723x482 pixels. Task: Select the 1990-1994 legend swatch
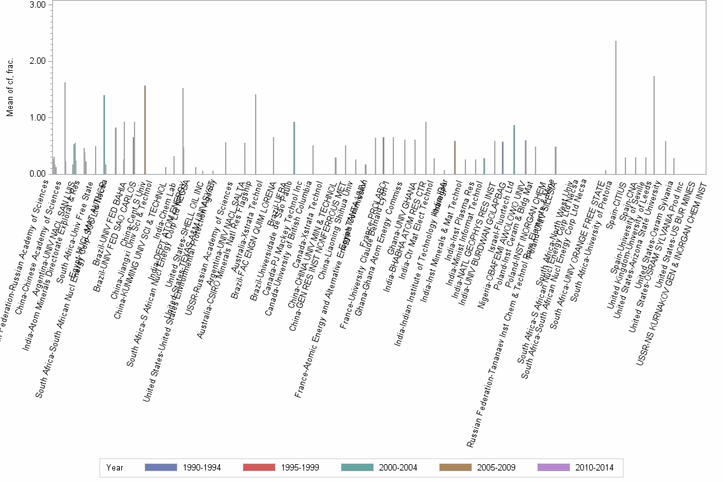(x=159, y=467)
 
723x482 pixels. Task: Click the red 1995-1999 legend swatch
(x=258, y=467)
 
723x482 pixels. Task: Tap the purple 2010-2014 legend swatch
(x=552, y=467)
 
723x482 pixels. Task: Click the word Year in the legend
(x=115, y=467)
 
